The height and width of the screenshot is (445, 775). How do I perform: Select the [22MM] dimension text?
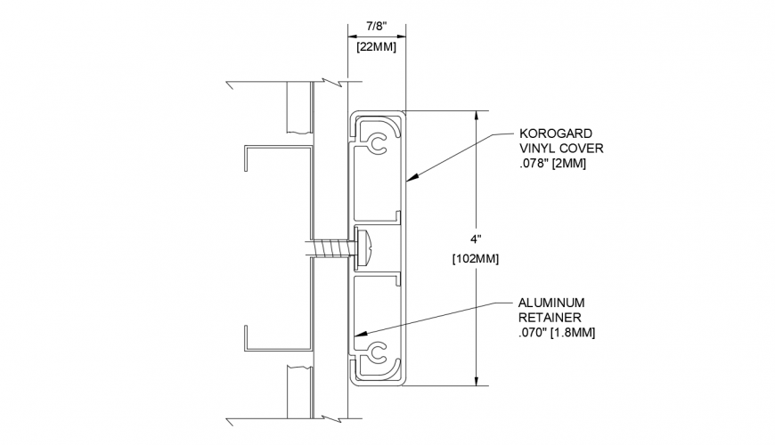376,46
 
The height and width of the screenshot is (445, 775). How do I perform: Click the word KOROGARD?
557,133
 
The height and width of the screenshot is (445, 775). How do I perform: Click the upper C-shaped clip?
378,142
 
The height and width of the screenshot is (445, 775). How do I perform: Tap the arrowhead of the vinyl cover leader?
411,180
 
